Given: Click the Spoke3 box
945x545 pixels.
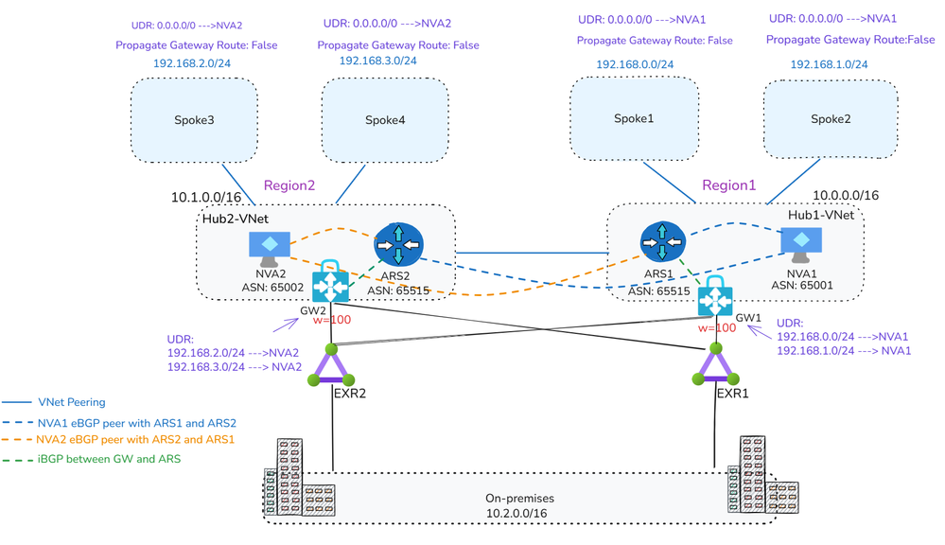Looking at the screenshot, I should click(x=194, y=120).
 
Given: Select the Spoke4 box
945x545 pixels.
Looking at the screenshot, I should click(x=385, y=120).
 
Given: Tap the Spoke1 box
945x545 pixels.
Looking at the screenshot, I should click(x=634, y=119).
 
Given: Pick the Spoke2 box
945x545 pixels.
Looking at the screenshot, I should click(x=831, y=119).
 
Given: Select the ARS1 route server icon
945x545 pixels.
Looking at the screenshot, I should click(x=661, y=243).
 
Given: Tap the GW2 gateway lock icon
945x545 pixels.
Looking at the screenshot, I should click(x=330, y=282).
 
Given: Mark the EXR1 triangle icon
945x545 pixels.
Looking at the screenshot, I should click(x=711, y=365).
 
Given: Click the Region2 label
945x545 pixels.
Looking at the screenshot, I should click(x=289, y=185).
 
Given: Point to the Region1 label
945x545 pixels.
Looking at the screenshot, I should click(x=728, y=185).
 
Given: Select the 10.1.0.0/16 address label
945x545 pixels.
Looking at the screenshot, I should click(x=207, y=198).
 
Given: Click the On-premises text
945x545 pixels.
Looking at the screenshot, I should click(x=519, y=498).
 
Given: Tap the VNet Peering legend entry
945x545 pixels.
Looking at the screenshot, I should click(x=71, y=402).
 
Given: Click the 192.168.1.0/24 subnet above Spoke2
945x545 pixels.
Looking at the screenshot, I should click(x=829, y=65).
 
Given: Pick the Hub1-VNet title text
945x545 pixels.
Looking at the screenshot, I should click(x=820, y=215).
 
